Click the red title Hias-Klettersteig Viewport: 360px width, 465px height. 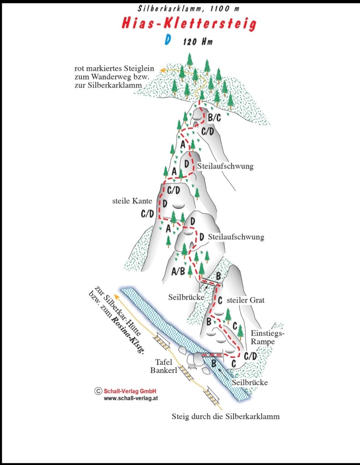[x=189, y=23]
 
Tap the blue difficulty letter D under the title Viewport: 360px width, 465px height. [x=168, y=40]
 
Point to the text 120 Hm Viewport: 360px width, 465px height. [x=198, y=41]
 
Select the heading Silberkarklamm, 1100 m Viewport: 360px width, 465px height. [x=188, y=8]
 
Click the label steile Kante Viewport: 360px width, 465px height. [x=132, y=201]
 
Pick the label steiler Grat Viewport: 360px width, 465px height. [x=246, y=300]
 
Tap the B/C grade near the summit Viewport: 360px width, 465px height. [x=214, y=118]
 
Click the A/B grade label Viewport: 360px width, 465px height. [x=178, y=271]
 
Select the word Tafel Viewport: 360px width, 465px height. [x=164, y=362]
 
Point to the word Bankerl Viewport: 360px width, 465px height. [x=164, y=370]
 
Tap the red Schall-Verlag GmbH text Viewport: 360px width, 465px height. [x=130, y=391]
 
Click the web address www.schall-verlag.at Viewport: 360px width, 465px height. [x=131, y=398]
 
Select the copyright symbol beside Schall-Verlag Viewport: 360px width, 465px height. [x=98, y=391]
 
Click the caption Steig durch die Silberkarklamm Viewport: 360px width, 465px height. [x=226, y=416]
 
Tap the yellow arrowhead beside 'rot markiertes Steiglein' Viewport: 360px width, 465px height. [x=162, y=70]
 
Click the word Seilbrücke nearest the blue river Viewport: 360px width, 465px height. [x=250, y=382]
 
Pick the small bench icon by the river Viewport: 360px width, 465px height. [x=192, y=367]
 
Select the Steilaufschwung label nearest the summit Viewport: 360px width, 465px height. [x=225, y=166]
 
